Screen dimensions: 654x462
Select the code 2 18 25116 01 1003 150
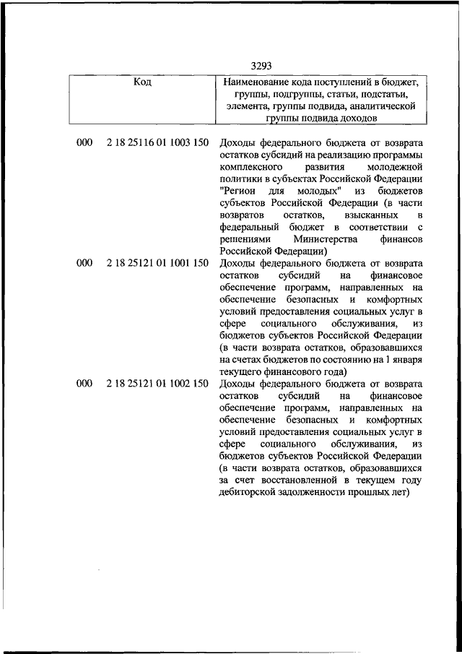(x=157, y=142)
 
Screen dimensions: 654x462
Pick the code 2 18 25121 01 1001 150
(x=157, y=263)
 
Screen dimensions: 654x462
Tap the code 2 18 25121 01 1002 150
(x=157, y=384)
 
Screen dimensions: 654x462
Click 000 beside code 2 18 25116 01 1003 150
(x=84, y=142)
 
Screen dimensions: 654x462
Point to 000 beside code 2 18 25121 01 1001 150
(x=84, y=263)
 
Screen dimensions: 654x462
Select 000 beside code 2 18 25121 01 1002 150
(x=84, y=384)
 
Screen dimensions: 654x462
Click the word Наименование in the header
(x=258, y=83)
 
